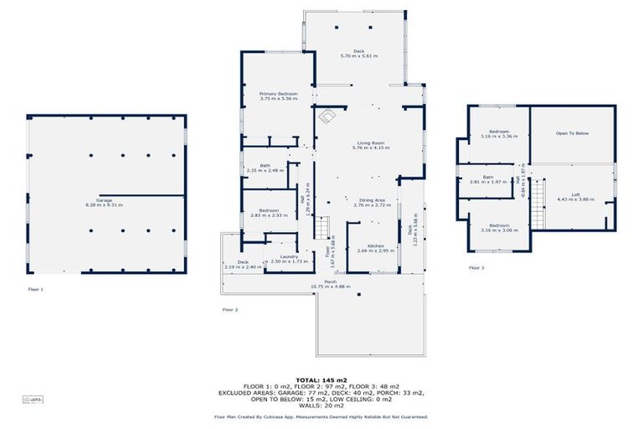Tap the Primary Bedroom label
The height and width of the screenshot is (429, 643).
tap(278, 96)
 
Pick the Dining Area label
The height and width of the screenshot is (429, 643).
tap(372, 201)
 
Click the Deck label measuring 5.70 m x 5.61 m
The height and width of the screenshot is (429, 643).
tap(358, 53)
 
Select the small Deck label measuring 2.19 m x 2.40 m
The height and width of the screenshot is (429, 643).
tap(243, 264)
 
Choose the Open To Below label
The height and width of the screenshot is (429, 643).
tap(573, 133)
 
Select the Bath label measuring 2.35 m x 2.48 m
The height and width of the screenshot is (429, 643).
tap(265, 168)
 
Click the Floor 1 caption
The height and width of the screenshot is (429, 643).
tap(35, 289)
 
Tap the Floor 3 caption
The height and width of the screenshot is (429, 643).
tap(476, 267)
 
